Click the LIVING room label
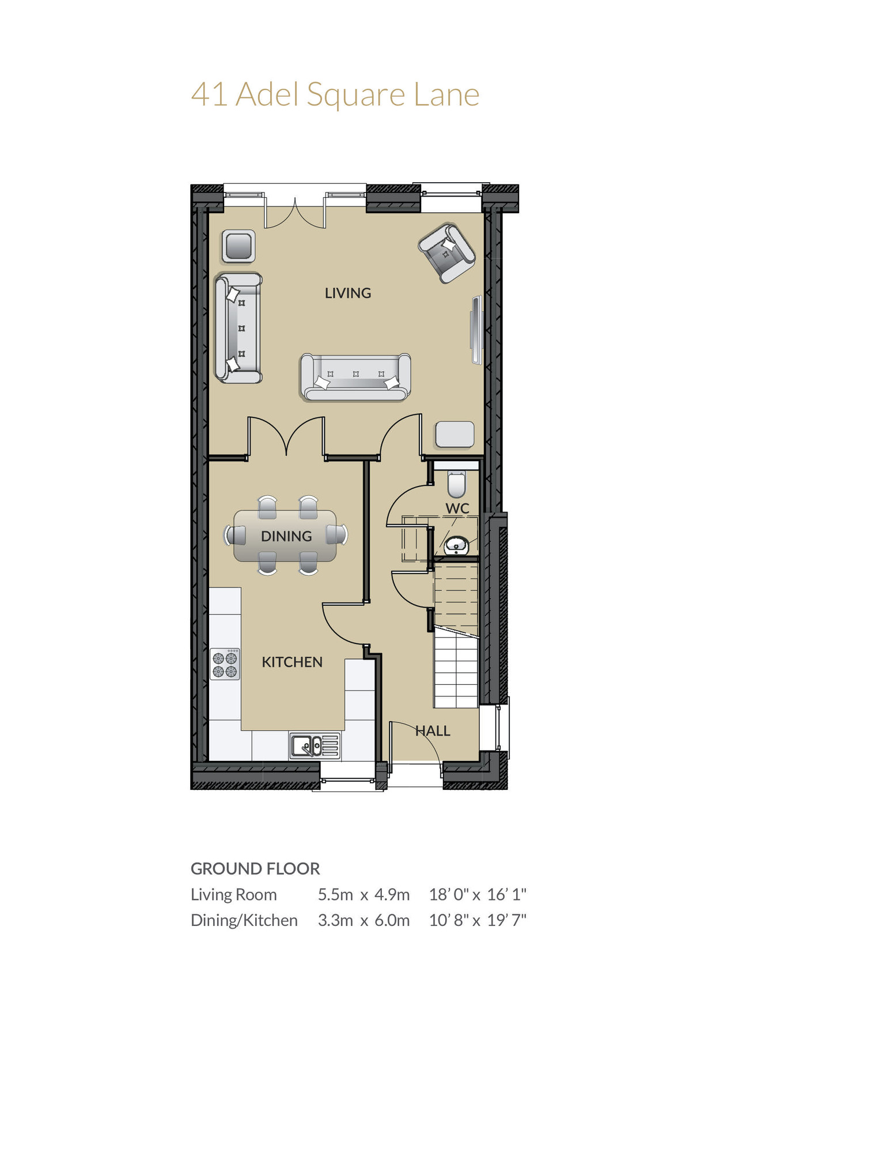click(347, 293)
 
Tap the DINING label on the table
click(286, 536)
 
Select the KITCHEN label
click(292, 662)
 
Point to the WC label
click(457, 508)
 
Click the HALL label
click(433, 731)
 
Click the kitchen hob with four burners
click(225, 664)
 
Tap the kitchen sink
click(314, 746)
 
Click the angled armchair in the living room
click(447, 253)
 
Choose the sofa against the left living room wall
click(238, 328)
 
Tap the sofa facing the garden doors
click(355, 377)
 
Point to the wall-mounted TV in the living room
click(476, 330)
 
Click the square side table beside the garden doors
click(238, 247)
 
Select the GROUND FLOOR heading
click(255, 869)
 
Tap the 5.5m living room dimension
click(335, 895)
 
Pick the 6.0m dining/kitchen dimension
click(392, 920)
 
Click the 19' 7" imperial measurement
click(507, 920)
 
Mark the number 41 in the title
click(209, 95)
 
